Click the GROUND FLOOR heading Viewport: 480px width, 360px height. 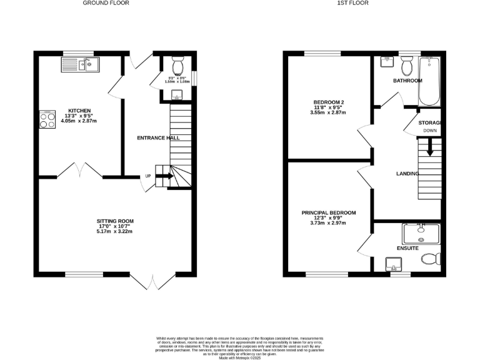pyautogui.click(x=106, y=3)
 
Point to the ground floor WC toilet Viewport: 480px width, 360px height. pyautogui.click(x=177, y=66)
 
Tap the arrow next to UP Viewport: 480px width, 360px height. pyautogui.click(x=164, y=176)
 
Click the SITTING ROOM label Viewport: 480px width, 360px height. pyautogui.click(x=115, y=221)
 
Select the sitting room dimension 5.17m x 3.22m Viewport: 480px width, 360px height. pyautogui.click(x=115, y=231)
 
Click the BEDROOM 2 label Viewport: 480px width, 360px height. pyautogui.click(x=329, y=102)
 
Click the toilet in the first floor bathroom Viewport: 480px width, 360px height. pyautogui.click(x=407, y=64)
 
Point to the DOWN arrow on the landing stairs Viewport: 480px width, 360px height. pyautogui.click(x=429, y=147)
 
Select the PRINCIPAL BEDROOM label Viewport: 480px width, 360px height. pyautogui.click(x=329, y=212)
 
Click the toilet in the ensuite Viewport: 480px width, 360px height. pyautogui.click(x=431, y=259)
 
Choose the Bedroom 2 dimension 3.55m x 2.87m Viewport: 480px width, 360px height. pyautogui.click(x=329, y=112)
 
